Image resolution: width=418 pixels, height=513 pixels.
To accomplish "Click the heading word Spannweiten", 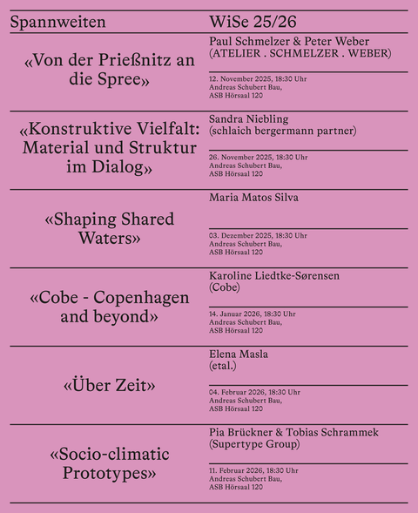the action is pos(57,23).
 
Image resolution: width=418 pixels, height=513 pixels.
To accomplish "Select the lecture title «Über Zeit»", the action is pos(110,385).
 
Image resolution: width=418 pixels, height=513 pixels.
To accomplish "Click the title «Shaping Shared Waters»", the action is pos(110,228).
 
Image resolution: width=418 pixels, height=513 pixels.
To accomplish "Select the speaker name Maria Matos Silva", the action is pos(253,198).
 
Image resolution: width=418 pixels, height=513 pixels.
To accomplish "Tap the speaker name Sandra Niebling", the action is pos(249,119).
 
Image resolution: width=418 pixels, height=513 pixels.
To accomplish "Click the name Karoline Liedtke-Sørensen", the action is pos(274,276).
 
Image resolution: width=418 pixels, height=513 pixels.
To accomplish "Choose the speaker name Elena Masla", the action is pos(239,354).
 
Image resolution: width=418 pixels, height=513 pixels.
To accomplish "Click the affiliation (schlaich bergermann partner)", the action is pos(283,132).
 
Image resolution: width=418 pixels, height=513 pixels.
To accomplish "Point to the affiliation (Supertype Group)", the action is pos(254,444).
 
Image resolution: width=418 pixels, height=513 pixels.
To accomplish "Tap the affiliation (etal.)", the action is pos(223,367).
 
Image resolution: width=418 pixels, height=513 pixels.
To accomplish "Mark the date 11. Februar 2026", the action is pos(234,471).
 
